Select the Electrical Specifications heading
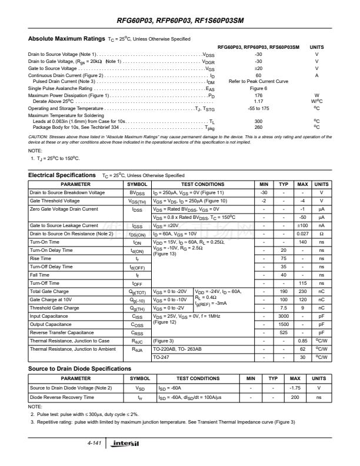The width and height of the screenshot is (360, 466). point(62,175)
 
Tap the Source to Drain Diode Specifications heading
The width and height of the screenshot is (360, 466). point(79,368)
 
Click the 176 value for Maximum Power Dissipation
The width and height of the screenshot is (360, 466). point(258,95)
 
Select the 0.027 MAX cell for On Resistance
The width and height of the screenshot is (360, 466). point(302,234)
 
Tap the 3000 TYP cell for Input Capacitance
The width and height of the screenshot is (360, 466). point(284,316)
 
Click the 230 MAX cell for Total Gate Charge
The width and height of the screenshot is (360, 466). point(302,291)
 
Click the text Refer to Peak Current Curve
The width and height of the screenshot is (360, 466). point(258,81)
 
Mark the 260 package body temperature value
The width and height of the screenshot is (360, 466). point(258,127)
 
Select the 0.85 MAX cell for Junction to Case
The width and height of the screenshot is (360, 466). point(302,341)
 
